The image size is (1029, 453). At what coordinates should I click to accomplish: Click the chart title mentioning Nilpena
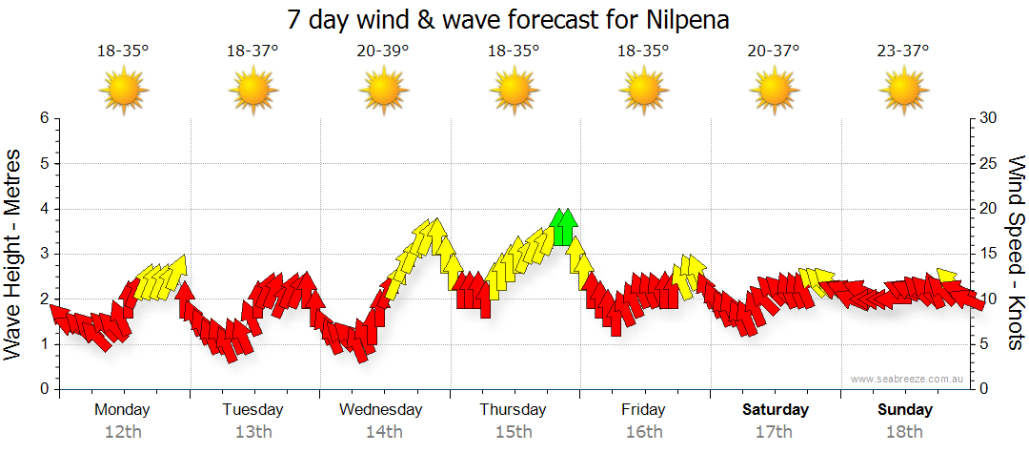click(x=514, y=20)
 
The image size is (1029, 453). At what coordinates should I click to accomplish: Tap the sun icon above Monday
click(x=124, y=91)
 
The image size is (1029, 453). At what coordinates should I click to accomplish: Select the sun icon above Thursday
click(x=514, y=91)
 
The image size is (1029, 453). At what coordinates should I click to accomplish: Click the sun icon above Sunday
click(x=903, y=91)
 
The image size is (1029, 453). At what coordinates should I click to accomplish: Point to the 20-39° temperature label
click(x=383, y=51)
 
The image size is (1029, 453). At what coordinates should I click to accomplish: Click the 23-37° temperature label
click(x=903, y=51)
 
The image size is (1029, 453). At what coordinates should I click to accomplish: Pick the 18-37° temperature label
click(x=252, y=51)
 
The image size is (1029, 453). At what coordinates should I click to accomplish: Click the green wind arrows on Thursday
click(x=564, y=227)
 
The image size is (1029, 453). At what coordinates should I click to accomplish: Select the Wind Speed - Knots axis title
click(x=1016, y=253)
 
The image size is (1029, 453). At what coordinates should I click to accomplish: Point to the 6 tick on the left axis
click(x=44, y=118)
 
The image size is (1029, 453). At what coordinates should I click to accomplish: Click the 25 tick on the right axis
click(x=989, y=164)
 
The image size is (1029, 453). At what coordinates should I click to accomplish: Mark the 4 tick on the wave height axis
click(x=44, y=209)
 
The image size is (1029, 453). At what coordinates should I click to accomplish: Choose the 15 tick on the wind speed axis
click(x=989, y=254)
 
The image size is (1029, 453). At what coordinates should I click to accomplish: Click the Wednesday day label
click(x=380, y=409)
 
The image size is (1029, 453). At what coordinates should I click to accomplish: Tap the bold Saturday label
click(x=776, y=409)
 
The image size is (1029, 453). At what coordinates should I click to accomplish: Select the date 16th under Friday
click(x=644, y=432)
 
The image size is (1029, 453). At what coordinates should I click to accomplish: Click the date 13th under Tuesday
click(x=252, y=432)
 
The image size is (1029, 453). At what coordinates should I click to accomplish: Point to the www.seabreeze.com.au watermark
click(x=909, y=379)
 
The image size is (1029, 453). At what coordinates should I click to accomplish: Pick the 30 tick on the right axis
click(x=989, y=118)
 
